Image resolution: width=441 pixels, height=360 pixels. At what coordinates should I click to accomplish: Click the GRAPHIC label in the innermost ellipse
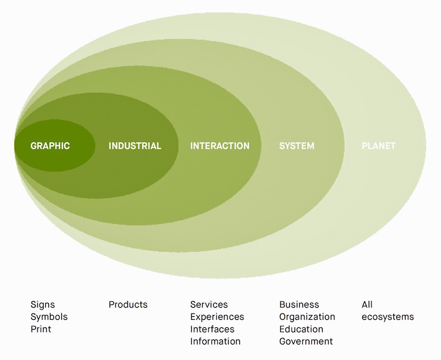(x=50, y=146)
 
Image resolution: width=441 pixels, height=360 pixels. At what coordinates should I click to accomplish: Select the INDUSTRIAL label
(x=135, y=146)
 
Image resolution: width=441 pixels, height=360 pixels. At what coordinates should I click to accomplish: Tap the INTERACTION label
(x=220, y=146)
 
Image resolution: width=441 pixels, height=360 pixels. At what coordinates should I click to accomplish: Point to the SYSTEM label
(x=297, y=146)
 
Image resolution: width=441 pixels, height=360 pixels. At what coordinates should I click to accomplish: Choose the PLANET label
(x=378, y=146)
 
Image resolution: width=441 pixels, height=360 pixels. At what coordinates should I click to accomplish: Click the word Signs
(x=42, y=305)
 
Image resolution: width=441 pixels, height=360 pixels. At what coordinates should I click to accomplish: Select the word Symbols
(x=49, y=317)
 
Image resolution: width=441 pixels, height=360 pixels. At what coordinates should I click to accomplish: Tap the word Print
(x=41, y=330)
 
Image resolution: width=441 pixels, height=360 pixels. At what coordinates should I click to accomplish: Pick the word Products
(x=128, y=305)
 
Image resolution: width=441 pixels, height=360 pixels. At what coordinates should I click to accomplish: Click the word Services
(x=209, y=305)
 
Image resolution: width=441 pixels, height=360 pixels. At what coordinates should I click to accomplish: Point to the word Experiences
(x=217, y=317)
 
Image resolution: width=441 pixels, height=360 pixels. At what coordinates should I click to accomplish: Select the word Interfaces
(x=212, y=330)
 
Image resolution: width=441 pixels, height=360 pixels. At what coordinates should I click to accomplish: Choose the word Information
(x=215, y=342)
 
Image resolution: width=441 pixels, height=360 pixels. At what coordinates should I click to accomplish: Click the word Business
(x=299, y=305)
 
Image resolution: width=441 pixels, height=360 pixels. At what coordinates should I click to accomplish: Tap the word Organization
(x=307, y=317)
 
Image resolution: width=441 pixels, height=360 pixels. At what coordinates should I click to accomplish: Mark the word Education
(x=301, y=330)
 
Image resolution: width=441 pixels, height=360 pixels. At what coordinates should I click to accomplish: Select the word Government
(x=306, y=342)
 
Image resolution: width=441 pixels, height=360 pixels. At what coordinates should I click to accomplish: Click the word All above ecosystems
(x=367, y=305)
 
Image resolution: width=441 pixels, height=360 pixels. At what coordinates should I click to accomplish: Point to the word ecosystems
(x=388, y=317)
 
